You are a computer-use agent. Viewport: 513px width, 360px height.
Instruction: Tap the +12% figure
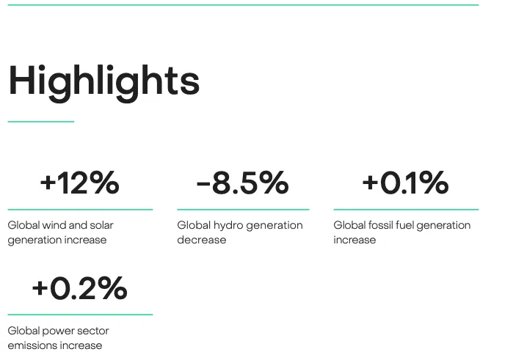[x=79, y=183]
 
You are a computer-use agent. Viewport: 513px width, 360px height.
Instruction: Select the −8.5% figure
[x=242, y=183]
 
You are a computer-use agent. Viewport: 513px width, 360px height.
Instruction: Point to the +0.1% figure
[x=405, y=183]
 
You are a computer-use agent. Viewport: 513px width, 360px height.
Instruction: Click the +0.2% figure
[x=79, y=288]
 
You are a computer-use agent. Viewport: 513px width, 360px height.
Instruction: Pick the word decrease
[x=202, y=240]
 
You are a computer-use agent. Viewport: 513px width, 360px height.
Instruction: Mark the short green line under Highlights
[x=41, y=122]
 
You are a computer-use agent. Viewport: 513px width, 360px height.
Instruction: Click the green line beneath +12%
[x=80, y=209]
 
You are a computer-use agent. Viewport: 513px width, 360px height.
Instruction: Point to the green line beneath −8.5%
[x=243, y=209]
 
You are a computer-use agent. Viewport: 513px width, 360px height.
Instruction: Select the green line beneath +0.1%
[x=406, y=209]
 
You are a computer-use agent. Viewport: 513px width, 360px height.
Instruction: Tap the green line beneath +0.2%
[x=80, y=315]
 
